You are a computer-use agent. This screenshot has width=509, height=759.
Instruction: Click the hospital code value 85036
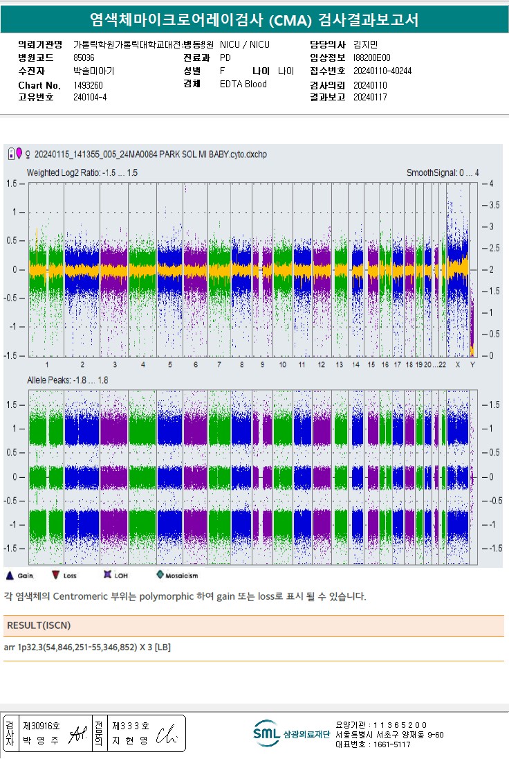point(84,57)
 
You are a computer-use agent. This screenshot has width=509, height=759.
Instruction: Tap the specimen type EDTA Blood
point(243,84)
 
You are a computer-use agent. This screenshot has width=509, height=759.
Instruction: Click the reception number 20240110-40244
point(382,71)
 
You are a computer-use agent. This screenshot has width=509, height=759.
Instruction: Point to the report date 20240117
point(370,98)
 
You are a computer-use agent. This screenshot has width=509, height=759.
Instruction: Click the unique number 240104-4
point(90,98)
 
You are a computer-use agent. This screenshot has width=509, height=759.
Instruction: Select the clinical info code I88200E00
point(371,57)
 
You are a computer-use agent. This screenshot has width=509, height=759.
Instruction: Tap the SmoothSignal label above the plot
point(442,172)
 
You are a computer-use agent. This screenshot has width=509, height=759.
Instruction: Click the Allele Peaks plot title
point(68,380)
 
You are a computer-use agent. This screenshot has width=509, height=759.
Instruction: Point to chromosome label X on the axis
point(457,364)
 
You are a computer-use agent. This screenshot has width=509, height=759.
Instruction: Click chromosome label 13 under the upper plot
point(339,364)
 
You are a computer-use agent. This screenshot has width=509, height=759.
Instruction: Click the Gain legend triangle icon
point(10,575)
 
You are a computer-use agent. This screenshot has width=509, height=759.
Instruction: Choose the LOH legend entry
point(115,575)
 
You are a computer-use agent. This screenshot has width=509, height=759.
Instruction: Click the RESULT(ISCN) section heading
point(39,625)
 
